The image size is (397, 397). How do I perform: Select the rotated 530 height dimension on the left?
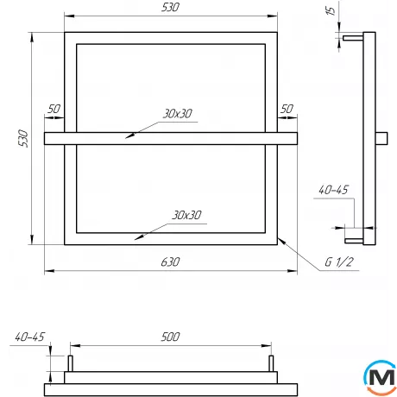tap(23, 138)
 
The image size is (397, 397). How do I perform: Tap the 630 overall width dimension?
tap(170, 262)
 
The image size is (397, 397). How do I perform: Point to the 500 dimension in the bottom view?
tap(171, 337)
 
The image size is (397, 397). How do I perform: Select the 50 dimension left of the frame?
tap(54, 109)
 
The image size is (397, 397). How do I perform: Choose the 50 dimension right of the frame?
tap(287, 109)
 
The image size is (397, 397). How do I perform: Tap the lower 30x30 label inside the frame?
tap(186, 214)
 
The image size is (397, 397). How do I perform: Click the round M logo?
tap(377, 377)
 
